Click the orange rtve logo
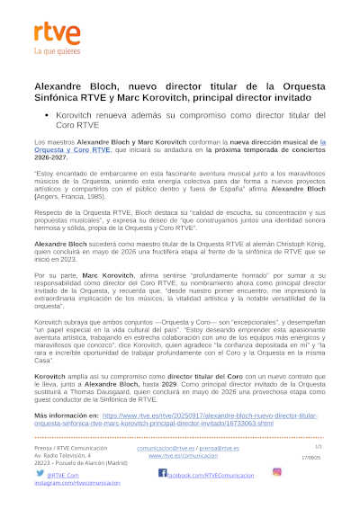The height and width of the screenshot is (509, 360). (52, 33)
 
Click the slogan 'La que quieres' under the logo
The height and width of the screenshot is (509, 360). (52, 53)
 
